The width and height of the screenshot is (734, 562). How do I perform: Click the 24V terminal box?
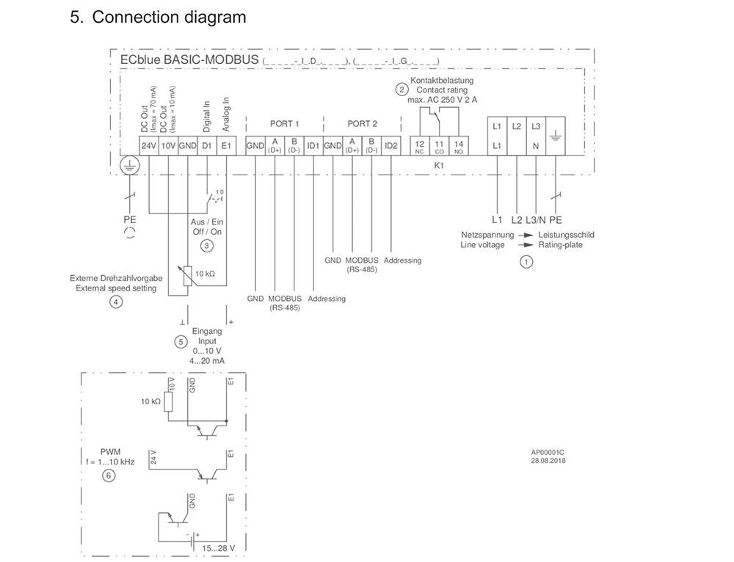pos(149,146)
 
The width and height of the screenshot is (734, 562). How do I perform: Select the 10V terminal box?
pos(168,146)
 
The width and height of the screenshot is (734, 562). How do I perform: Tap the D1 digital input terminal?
pos(207,146)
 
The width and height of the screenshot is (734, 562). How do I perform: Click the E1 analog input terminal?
pos(226,146)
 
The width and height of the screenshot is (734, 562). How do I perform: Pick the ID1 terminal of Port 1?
pos(313,146)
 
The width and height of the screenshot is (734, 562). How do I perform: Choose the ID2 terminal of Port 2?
pos(391,146)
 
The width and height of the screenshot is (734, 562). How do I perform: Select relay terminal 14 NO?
pos(459,145)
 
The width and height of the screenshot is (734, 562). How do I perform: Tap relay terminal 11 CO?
pos(440,145)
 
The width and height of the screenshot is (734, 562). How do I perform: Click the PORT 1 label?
pos(285,124)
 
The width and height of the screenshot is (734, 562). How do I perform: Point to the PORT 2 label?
pos(363,124)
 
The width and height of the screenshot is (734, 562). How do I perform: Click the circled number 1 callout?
pos(526,261)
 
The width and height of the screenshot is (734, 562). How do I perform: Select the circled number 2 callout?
pos(401,90)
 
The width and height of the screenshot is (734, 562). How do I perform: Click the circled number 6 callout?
pos(109,475)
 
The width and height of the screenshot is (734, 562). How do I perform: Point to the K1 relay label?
pos(440,166)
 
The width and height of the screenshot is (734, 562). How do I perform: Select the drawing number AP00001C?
pos(548,453)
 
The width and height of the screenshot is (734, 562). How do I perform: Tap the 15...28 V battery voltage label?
pos(218,548)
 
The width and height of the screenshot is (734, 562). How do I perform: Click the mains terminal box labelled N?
pos(536,145)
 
